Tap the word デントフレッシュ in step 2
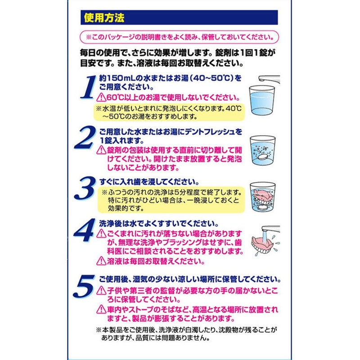[x=209, y=131]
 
